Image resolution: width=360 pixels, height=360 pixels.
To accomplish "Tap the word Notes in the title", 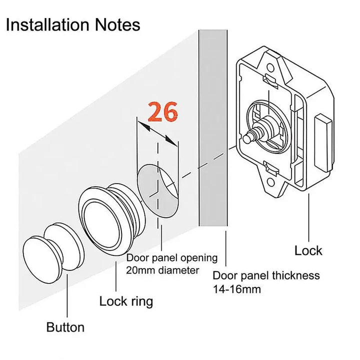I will (120, 24).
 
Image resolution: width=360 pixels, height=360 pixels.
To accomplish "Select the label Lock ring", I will (126, 301).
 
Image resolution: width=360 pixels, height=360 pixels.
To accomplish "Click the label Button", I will (65, 328).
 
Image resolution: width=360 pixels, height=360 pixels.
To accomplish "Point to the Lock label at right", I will (308, 250).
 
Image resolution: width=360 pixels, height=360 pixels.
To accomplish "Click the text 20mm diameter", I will (162, 271).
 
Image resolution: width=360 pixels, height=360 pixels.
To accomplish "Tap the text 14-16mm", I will (236, 289).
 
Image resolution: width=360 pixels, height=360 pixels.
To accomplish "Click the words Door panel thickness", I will (266, 275).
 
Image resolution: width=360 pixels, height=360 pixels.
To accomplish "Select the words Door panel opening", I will (171, 258).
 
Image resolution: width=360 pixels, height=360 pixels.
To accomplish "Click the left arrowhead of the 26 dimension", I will (141, 126).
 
